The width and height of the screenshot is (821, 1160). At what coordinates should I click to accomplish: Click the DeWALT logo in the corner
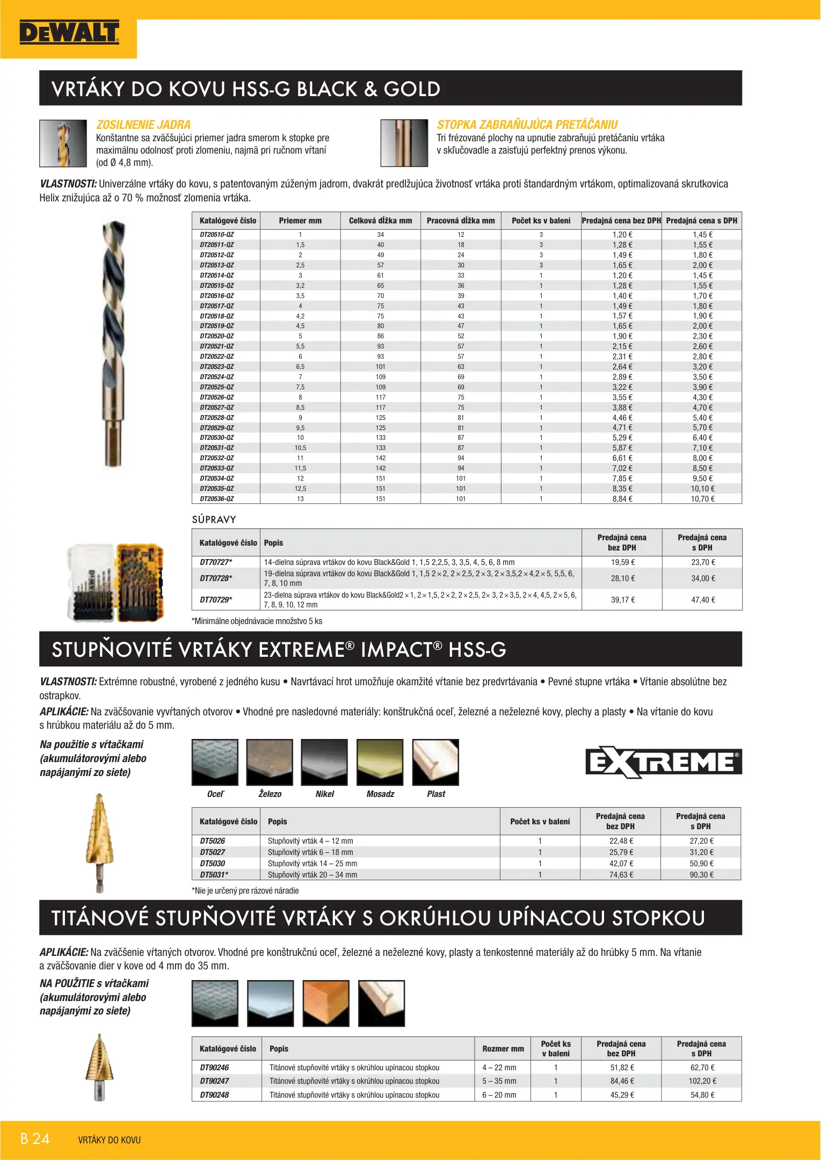coord(69,33)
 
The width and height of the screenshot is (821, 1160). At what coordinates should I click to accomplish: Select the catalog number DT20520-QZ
coord(217,336)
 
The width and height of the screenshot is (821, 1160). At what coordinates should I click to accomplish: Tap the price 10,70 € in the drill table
coord(702,499)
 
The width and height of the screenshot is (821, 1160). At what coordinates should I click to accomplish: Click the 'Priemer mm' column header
coord(300,221)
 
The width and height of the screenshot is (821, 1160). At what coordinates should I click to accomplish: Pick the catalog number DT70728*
coord(216,578)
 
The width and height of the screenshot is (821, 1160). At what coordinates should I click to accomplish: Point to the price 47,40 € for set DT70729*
coord(703,600)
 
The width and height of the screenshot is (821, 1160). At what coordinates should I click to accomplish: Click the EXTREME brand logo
coord(663,762)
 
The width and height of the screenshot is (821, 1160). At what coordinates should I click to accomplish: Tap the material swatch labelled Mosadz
coord(380,762)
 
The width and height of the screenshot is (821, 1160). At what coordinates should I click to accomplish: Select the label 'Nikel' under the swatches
coord(325,794)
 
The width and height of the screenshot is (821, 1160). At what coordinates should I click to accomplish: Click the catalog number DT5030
coord(213,864)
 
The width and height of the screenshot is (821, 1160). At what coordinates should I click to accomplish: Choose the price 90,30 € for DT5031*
coord(701,875)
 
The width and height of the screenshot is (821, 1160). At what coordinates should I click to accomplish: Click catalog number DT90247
coord(214,1081)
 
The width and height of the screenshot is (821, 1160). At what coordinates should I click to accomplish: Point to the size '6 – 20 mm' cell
coord(499,1094)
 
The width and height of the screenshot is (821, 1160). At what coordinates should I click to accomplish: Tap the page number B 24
coord(35,1139)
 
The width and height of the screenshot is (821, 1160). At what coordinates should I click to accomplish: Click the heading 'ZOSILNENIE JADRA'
coord(143,125)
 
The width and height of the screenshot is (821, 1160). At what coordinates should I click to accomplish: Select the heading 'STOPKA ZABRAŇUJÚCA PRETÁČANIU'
coord(527,125)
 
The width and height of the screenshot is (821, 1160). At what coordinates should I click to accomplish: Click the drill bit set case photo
coord(115,582)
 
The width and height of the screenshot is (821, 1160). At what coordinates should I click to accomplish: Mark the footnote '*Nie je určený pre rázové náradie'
coord(245,890)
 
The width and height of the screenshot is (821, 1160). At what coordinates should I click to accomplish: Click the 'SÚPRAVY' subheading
coord(214,519)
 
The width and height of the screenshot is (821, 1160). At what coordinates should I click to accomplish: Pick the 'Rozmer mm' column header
coord(503,1048)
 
